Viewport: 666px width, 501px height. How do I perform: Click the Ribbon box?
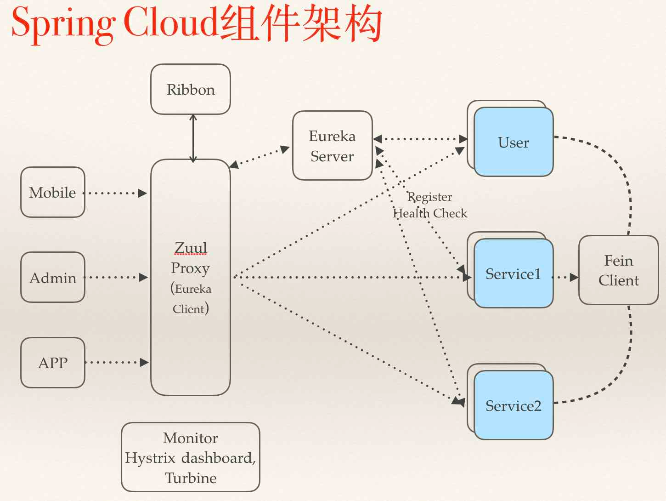(191, 89)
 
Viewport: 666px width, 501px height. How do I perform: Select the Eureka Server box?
(332, 145)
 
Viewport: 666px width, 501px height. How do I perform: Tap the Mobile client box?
(53, 192)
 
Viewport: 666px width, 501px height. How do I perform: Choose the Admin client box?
(53, 277)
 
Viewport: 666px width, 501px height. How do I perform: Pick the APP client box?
(53, 363)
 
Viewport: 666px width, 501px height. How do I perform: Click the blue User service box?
(514, 142)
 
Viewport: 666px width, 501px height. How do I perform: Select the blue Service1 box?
(514, 273)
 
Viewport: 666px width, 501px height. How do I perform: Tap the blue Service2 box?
(514, 405)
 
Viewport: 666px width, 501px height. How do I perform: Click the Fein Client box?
(619, 270)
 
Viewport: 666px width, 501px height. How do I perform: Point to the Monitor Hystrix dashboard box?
(191, 457)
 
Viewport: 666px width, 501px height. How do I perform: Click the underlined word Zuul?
(191, 248)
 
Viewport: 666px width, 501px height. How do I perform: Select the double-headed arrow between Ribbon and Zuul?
(193, 138)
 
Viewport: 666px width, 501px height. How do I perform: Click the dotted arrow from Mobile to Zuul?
(115, 193)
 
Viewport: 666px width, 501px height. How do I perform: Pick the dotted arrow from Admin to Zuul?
(116, 277)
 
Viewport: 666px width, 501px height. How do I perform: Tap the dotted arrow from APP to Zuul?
(117, 362)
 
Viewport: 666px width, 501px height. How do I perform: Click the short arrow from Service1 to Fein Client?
(565, 277)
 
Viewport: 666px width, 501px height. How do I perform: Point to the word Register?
(429, 197)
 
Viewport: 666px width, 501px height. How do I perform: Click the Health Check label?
(430, 213)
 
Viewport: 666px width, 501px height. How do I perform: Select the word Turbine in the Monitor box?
(191, 478)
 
